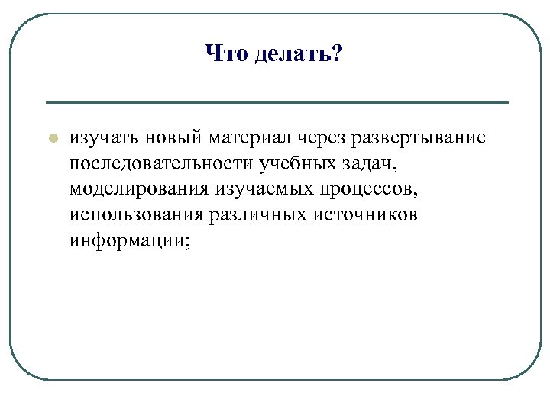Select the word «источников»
(365, 214)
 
